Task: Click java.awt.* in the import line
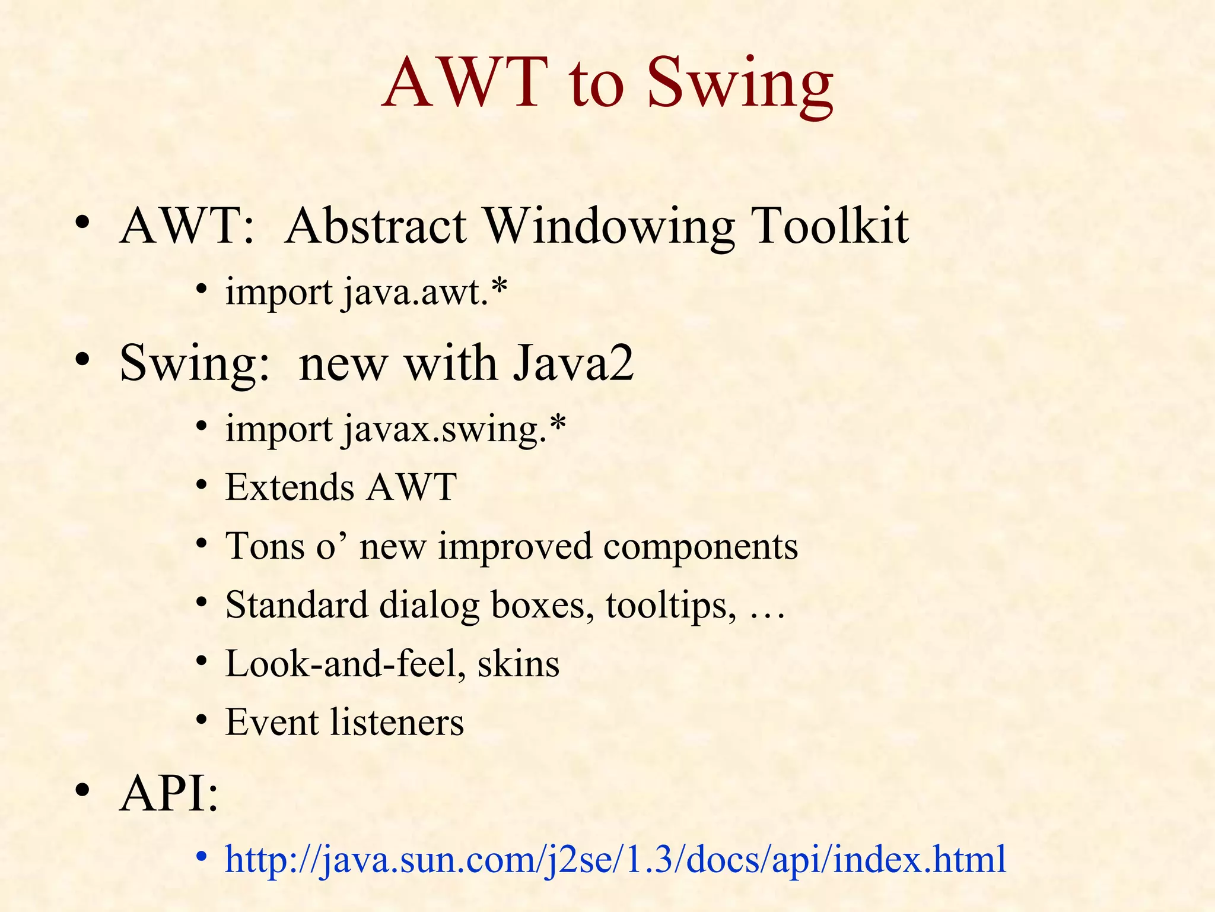(x=425, y=293)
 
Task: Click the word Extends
(x=290, y=488)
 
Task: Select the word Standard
(x=297, y=605)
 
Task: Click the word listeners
(x=396, y=723)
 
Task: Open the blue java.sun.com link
(x=615, y=859)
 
